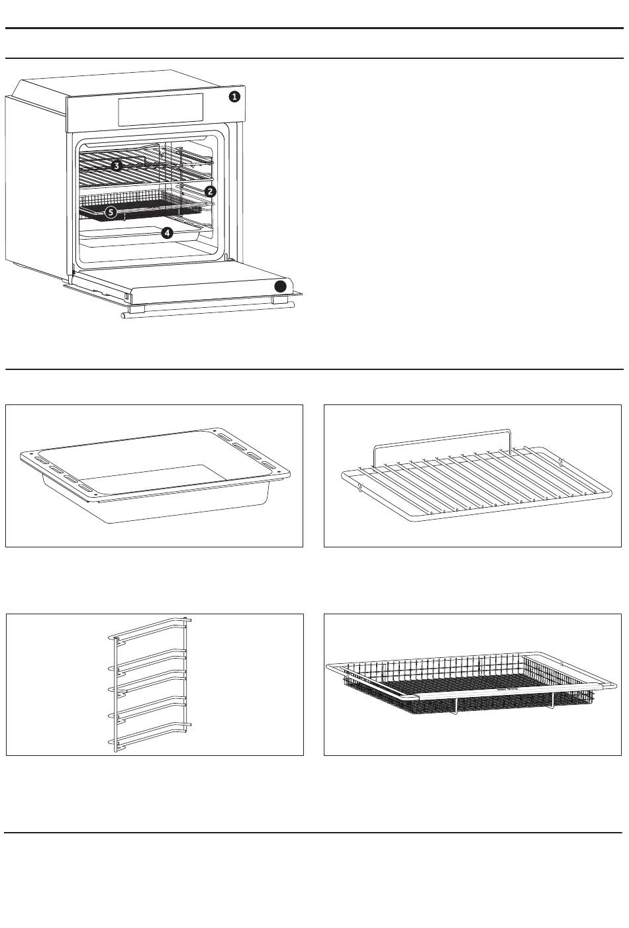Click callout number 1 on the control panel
234,97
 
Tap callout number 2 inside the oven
210,191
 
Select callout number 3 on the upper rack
116,165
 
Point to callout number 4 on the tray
168,232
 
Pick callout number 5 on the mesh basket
111,212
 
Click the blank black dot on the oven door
281,286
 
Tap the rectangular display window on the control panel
161,109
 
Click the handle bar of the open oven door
205,309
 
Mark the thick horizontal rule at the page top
314,28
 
